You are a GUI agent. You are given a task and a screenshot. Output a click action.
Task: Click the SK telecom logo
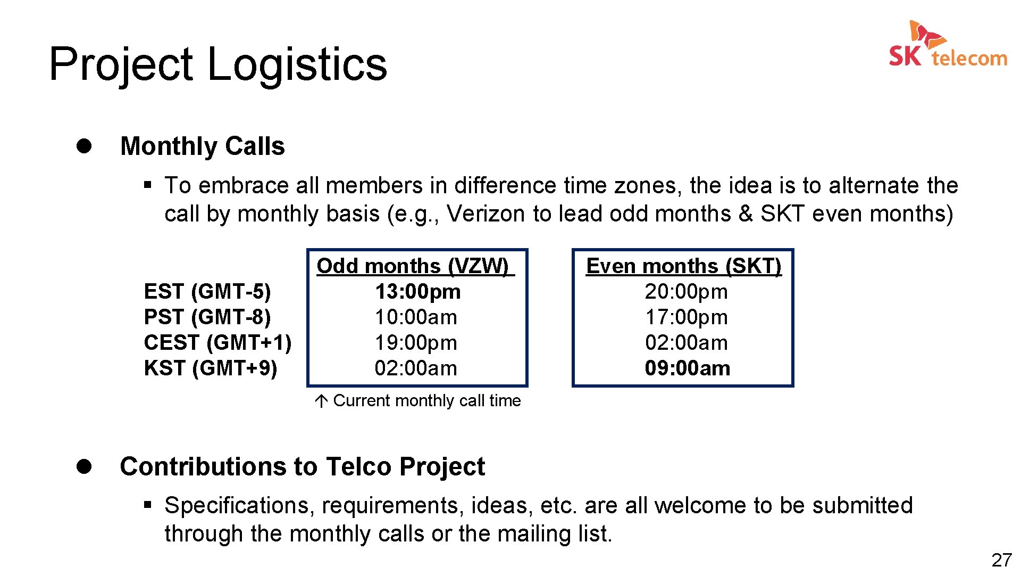(x=948, y=45)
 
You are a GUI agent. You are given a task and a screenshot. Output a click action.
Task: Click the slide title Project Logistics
(x=218, y=64)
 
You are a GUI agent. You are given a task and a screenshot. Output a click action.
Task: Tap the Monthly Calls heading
(x=203, y=146)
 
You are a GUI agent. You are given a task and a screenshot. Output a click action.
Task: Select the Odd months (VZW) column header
(x=415, y=266)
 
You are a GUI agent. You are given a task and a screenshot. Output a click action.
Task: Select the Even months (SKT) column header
(x=683, y=266)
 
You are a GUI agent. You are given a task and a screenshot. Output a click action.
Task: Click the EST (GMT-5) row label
(x=207, y=292)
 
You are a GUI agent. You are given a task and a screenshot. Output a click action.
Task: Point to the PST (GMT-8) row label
(x=207, y=317)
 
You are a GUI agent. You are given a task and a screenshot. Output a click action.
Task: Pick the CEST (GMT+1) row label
(x=217, y=343)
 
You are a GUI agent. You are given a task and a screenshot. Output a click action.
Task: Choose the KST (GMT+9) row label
(x=211, y=368)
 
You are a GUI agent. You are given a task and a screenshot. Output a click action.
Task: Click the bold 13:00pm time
(x=418, y=292)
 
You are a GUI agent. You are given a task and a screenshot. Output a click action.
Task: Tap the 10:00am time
(x=416, y=317)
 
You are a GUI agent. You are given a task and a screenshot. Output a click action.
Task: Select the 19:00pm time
(x=416, y=343)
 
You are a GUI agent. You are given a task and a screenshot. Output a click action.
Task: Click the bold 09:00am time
(x=687, y=368)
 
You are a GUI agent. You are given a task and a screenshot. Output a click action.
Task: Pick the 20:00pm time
(x=686, y=292)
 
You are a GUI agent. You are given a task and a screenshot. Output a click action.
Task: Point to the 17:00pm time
(x=686, y=317)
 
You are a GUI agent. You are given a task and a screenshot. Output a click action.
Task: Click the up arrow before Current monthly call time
(x=321, y=401)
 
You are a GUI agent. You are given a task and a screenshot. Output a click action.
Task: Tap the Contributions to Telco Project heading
(x=302, y=466)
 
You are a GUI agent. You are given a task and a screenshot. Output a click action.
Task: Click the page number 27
(x=1001, y=560)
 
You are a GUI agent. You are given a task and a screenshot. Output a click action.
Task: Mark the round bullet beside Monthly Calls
(x=84, y=146)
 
